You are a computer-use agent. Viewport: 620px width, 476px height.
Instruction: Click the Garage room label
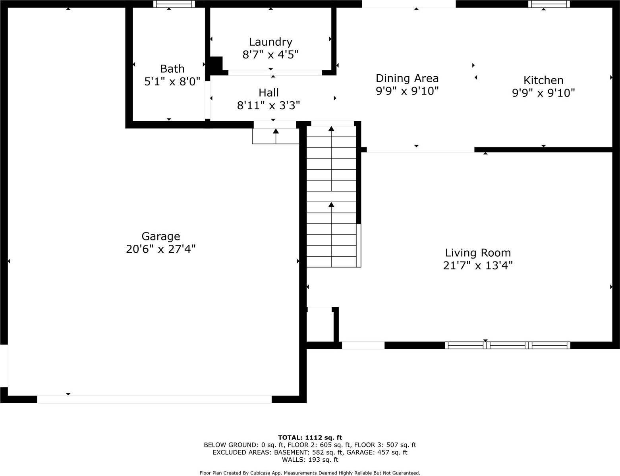(160, 236)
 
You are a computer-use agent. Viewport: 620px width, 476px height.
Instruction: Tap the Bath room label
(172, 69)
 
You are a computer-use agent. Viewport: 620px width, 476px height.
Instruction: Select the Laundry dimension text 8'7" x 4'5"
(270, 54)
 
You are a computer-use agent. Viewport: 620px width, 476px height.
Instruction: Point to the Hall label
(268, 93)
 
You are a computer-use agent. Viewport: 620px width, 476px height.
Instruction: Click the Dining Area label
(407, 78)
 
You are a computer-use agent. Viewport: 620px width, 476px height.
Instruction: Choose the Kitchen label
(543, 80)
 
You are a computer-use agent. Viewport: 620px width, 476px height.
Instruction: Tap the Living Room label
(478, 253)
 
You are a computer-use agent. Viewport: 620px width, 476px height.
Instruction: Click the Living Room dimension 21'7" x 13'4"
(478, 265)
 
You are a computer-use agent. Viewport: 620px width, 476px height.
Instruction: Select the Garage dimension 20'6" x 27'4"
(160, 249)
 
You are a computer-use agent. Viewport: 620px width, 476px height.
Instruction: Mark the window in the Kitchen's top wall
(549, 4)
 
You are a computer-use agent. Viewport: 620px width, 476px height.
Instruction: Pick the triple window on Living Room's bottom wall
(507, 345)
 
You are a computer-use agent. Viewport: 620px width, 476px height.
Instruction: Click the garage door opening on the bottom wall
(154, 399)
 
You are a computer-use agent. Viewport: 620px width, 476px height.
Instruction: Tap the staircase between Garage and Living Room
(331, 195)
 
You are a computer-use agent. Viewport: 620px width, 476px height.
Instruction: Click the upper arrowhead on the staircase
(331, 128)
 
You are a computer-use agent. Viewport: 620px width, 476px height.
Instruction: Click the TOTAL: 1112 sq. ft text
(310, 437)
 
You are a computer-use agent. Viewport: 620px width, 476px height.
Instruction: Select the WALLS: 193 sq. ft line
(310, 460)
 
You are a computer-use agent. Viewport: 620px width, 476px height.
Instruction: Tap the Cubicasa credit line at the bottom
(310, 473)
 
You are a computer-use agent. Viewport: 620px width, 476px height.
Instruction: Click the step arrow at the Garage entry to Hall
(276, 131)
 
